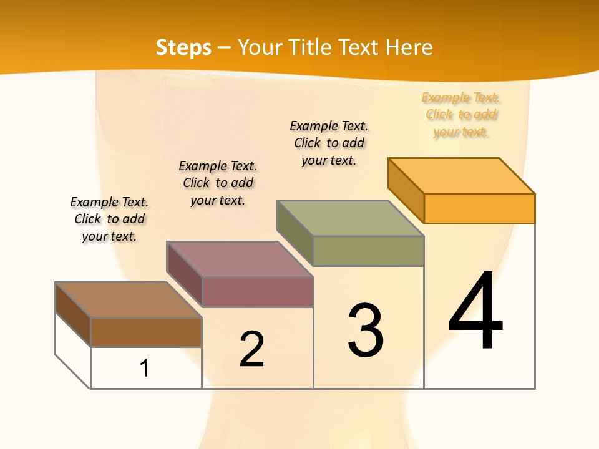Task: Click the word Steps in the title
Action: click(183, 48)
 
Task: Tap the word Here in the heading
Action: click(409, 47)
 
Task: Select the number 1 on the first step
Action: click(145, 368)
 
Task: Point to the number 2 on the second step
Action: click(251, 349)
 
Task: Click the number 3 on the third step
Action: click(366, 331)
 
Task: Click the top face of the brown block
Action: click(129, 300)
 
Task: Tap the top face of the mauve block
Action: click(240, 259)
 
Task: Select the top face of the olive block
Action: click(350, 218)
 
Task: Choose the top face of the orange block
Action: click(461, 176)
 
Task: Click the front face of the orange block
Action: click(479, 208)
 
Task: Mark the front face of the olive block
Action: click(368, 251)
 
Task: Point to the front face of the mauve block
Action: click(258, 292)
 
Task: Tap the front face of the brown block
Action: click(146, 332)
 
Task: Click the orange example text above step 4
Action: click(461, 115)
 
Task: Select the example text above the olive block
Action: click(329, 143)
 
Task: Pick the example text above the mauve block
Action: click(218, 183)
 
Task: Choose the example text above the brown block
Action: click(109, 219)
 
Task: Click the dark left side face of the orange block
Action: click(406, 190)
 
